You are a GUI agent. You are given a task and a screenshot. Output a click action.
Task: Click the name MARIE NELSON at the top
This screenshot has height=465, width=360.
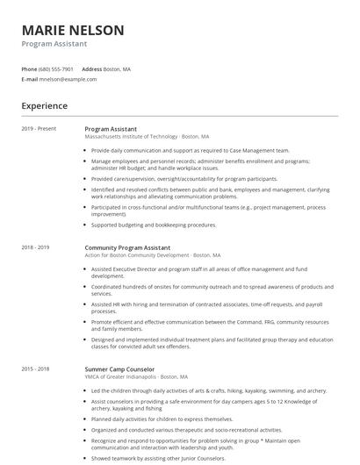coord(73,30)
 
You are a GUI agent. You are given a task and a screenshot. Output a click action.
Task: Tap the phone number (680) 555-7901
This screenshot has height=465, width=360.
coord(56,68)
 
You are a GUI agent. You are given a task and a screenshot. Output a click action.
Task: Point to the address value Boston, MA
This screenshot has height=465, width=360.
coord(117,68)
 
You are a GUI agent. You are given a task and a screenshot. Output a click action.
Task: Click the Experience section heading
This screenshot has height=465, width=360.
coord(45,106)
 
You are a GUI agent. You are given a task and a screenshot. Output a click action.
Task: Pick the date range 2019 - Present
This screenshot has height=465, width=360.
coord(39,129)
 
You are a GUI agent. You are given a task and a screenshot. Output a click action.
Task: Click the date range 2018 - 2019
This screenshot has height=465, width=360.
coord(36,247)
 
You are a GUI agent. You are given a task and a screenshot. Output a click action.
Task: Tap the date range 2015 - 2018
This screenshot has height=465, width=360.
coord(36,368)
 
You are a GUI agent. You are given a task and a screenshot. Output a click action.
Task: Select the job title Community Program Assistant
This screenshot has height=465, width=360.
coord(127,247)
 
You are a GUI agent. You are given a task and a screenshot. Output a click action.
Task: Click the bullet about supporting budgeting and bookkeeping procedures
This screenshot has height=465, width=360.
coord(154,225)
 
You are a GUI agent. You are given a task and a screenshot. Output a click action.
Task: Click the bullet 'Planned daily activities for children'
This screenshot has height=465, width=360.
coord(162,418)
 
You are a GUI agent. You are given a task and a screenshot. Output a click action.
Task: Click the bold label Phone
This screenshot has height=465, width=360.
coord(29,68)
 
